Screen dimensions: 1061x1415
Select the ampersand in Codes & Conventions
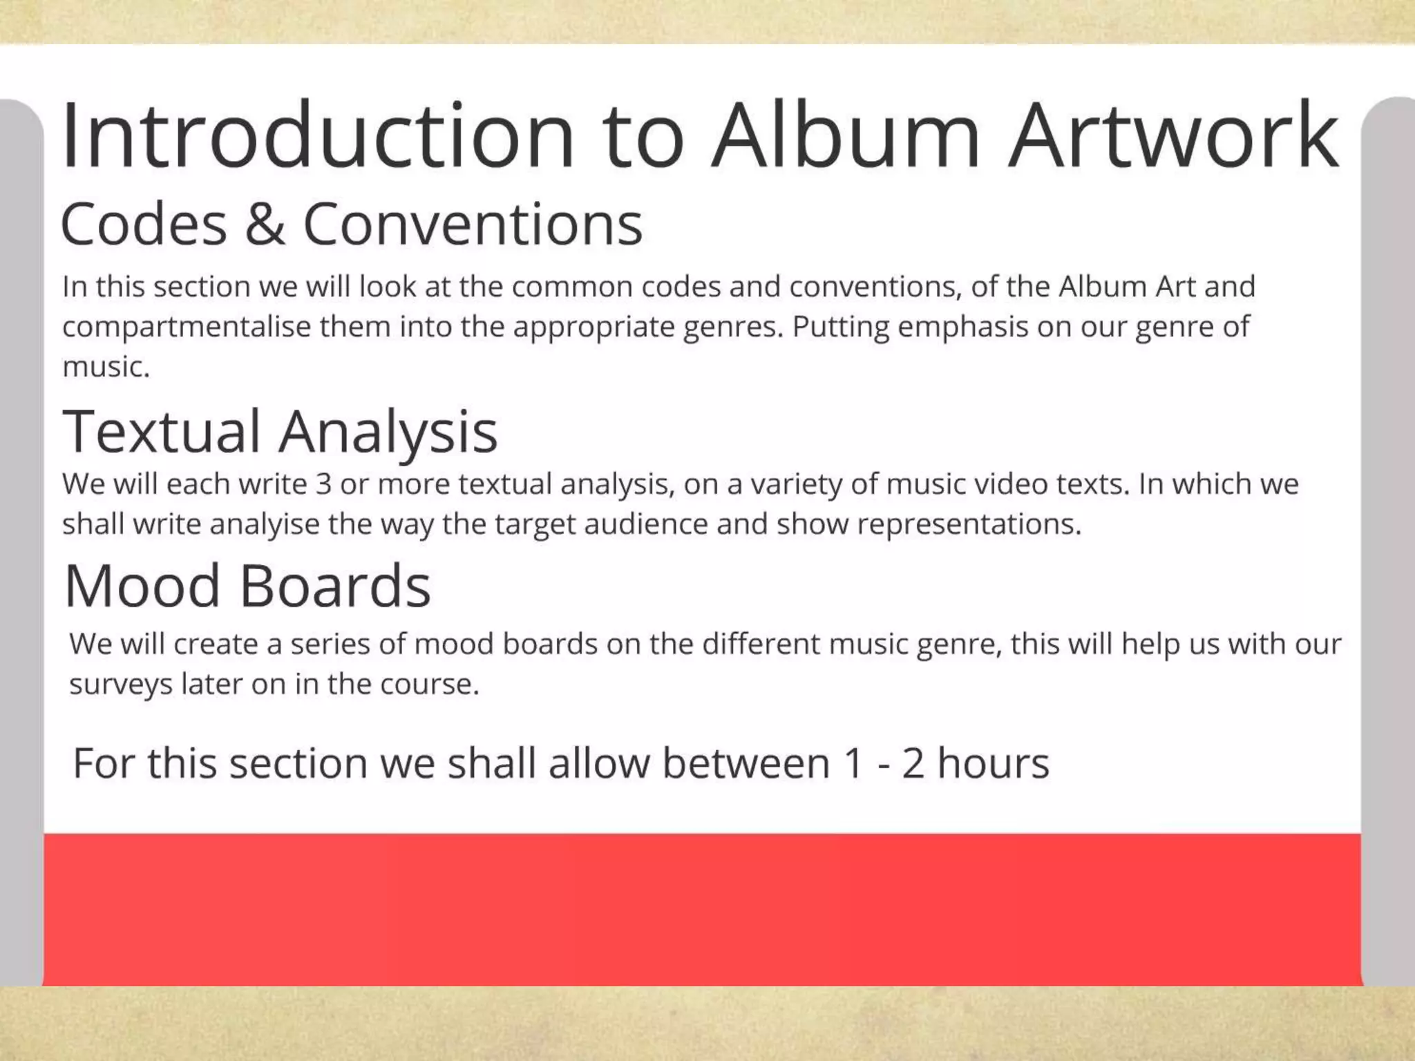pyautogui.click(x=265, y=224)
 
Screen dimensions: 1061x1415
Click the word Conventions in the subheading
pyautogui.click(x=473, y=224)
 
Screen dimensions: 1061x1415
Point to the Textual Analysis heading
pyautogui.click(x=280, y=431)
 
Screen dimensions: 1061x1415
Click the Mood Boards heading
pyautogui.click(x=247, y=586)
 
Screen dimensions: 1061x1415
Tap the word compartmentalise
pyautogui.click(x=187, y=327)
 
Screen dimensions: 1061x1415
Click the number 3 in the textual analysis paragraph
pyautogui.click(x=323, y=484)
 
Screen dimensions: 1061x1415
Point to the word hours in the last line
pyautogui.click(x=993, y=763)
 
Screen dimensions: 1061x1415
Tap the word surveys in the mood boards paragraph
pyautogui.click(x=120, y=685)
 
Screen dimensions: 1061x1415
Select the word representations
pyautogui.click(x=969, y=524)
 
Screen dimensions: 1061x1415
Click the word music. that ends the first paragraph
pyautogui.click(x=106, y=367)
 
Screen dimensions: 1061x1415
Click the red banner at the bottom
pyautogui.click(x=701, y=909)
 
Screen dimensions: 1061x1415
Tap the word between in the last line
pyautogui.click(x=746, y=763)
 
